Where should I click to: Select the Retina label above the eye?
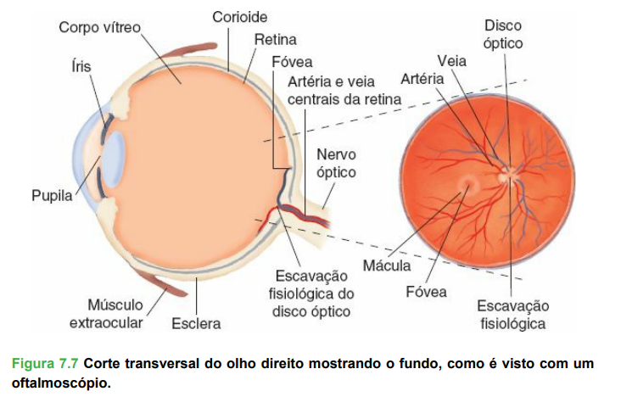275,39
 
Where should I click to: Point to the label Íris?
81,65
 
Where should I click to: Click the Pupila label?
52,197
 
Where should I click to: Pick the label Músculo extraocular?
106,313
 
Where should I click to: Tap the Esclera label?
196,323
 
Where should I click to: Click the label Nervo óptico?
336,163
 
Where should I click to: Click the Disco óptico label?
503,34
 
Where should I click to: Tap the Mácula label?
387,267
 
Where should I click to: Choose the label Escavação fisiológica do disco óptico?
313,293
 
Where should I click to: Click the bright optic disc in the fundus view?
508,176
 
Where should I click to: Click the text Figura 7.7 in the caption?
46,363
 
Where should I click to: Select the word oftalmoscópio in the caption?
61,383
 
